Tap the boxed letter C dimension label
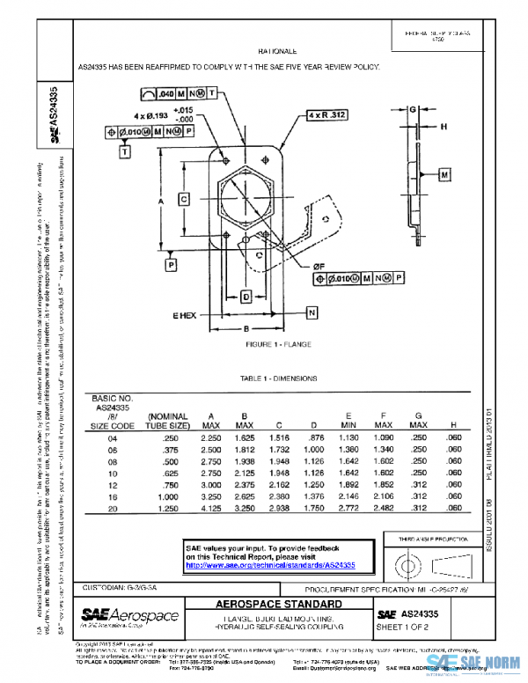[184, 199]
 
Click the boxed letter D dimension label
[247, 297]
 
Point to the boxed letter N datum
[312, 313]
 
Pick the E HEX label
[183, 314]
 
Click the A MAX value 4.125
[210, 508]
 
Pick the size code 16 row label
[112, 496]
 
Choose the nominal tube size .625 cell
[165, 473]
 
